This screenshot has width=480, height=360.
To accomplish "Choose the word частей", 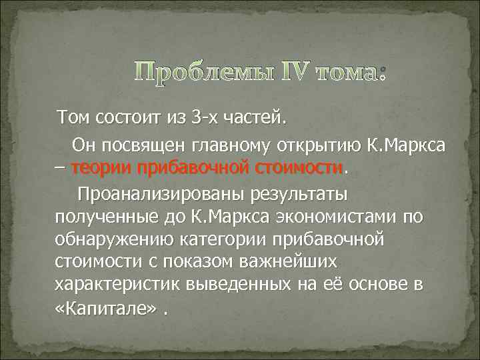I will pyautogui.click(x=257, y=119).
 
